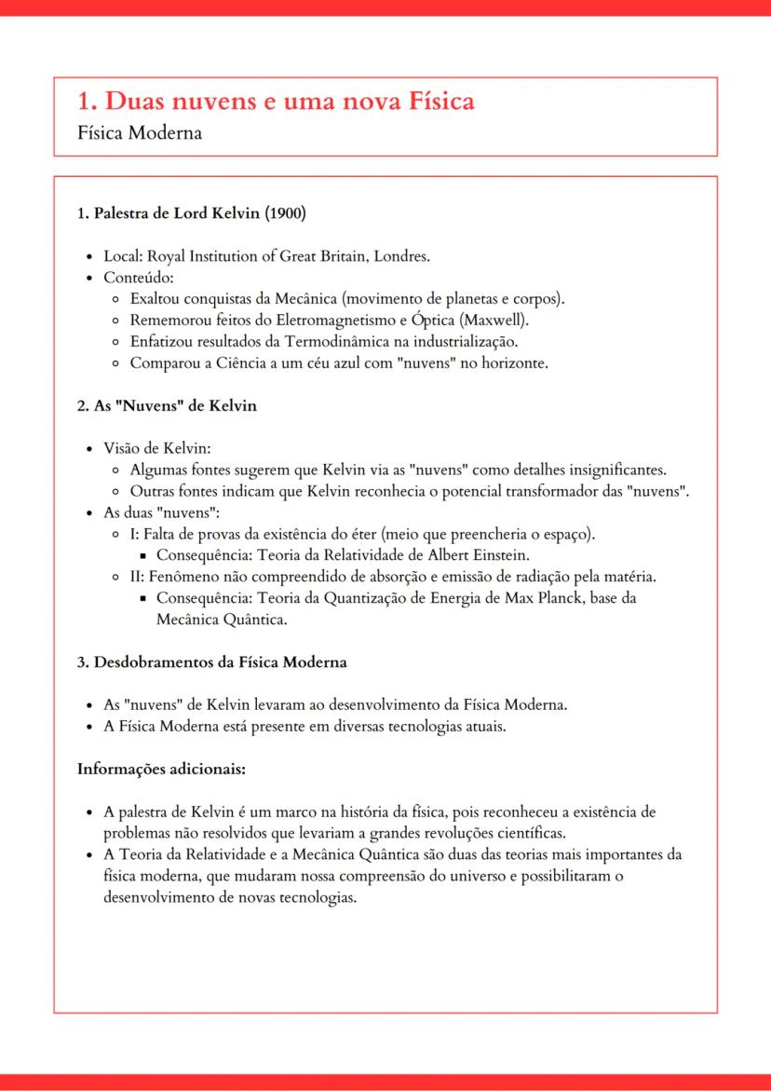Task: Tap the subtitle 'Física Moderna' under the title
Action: [140, 132]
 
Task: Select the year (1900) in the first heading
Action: [286, 212]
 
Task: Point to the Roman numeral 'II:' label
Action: [138, 577]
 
